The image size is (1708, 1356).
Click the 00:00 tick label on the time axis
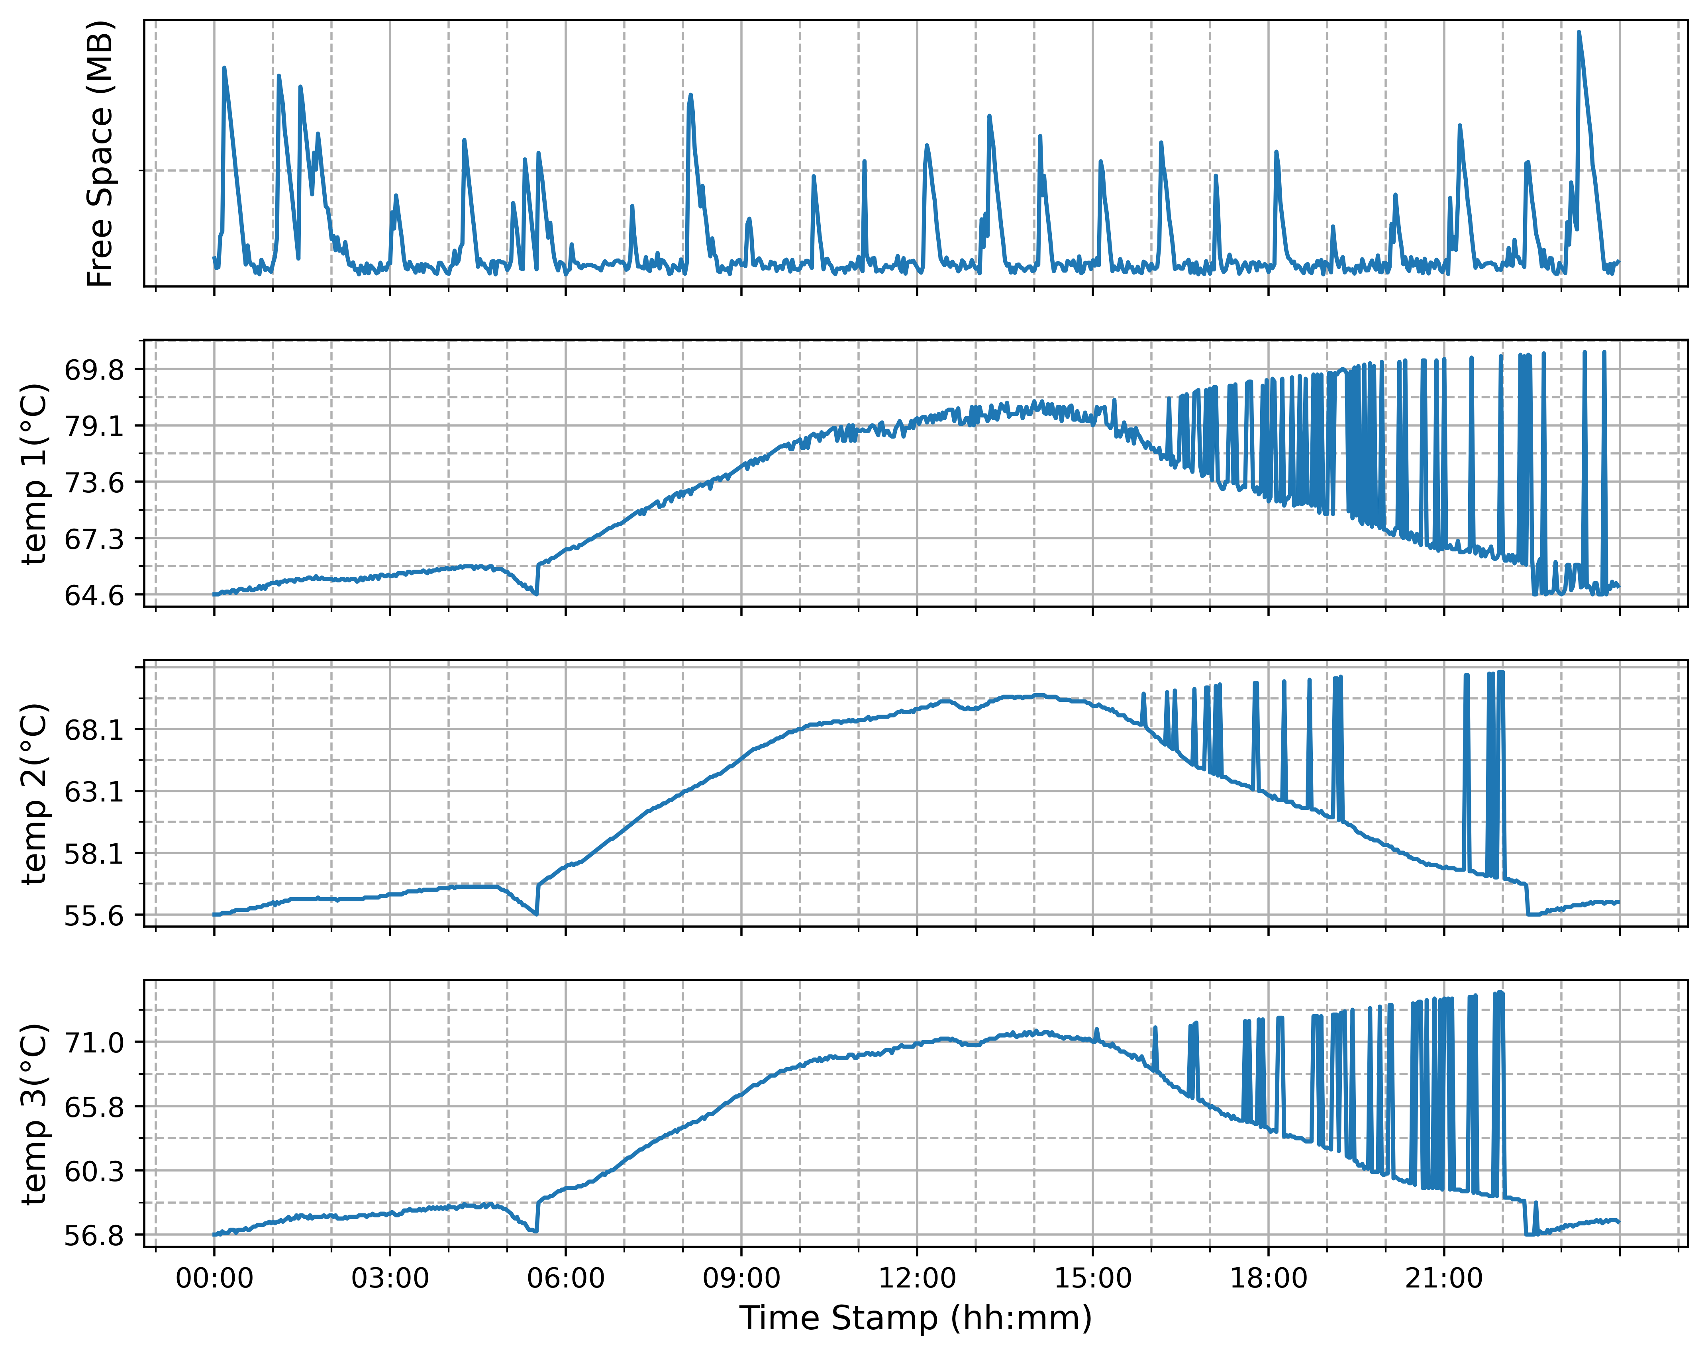214,1278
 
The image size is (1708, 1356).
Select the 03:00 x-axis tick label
390,1278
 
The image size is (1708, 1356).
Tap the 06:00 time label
566,1278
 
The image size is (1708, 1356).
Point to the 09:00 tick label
741,1278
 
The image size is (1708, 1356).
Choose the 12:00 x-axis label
918,1278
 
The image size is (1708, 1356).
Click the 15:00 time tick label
1093,1278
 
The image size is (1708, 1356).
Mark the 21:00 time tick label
1444,1278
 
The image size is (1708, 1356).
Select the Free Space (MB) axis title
101,154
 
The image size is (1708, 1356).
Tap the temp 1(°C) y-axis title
35,474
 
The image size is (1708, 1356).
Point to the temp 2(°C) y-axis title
35,794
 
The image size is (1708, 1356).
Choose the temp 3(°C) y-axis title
35,1114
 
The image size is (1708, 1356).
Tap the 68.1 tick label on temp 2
94,729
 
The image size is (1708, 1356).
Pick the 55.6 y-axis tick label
94,915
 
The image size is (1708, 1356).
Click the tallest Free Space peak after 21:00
1579,33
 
